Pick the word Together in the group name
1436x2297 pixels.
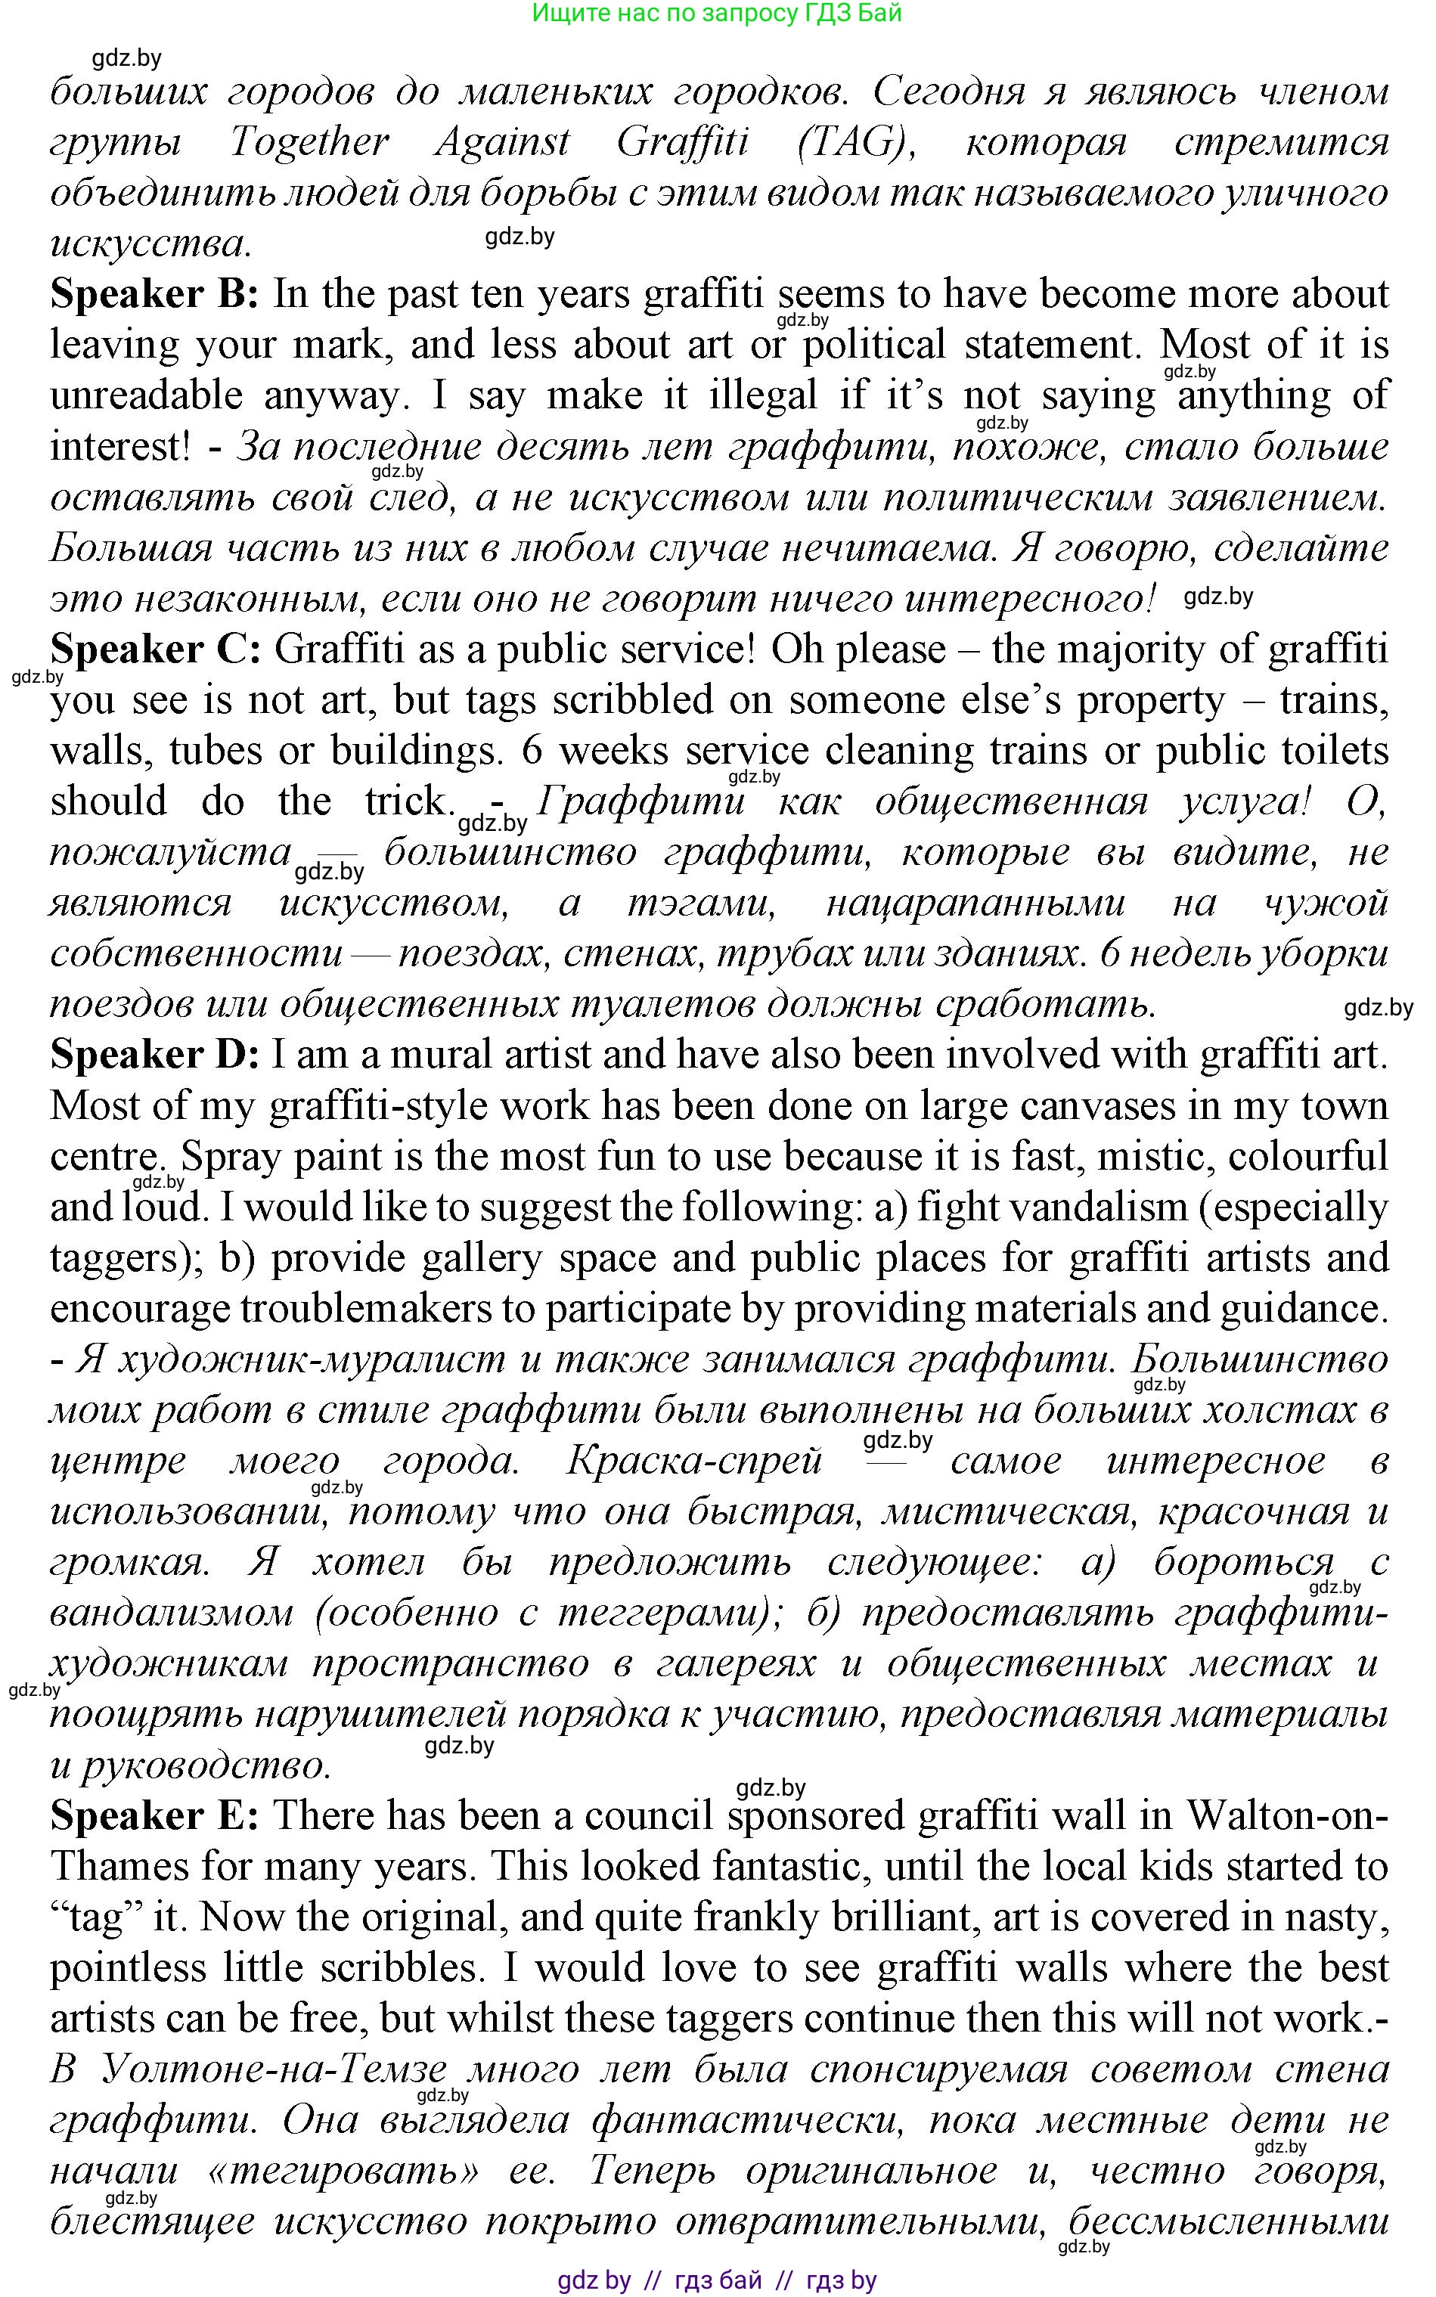point(309,142)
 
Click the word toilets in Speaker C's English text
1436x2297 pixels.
point(1335,751)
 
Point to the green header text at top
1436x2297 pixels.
point(717,14)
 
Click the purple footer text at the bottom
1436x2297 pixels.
point(717,2280)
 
